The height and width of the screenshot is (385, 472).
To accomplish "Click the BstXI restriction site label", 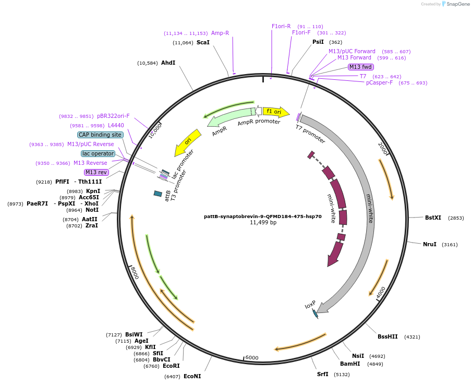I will pos(433,218).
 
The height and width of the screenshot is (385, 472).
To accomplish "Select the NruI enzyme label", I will pos(429,244).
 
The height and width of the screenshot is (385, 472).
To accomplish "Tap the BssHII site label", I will pos(388,336).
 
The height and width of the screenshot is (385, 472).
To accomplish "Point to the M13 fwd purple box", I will pos(361,67).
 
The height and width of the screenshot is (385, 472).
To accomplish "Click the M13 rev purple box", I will pos(96,172).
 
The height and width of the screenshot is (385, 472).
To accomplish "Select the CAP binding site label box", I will pos(100,135).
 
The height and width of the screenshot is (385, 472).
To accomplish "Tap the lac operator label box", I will pos(98,153).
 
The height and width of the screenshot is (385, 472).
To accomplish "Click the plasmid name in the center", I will pos(263,216).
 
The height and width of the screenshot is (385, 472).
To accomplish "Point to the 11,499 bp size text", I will pos(263,223).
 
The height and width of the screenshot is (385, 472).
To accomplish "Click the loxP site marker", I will pos(314,313).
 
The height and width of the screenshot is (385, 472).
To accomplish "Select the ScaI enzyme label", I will pos(203,42).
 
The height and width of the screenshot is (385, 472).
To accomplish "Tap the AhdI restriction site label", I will pos(168,63).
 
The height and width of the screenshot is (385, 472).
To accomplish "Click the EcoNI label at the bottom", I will pos(192,376).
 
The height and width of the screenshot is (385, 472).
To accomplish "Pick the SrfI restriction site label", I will pos(322,374).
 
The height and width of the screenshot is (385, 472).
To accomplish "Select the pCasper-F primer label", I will pos(379,82).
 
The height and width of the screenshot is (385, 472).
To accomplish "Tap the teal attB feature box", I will pos(158,194).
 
